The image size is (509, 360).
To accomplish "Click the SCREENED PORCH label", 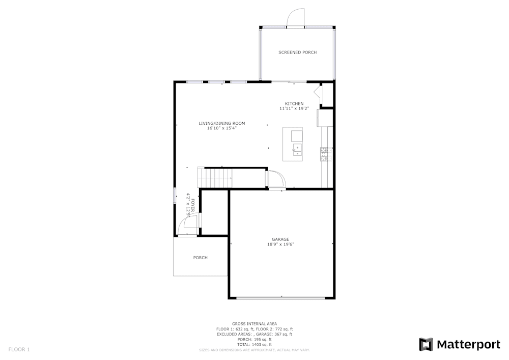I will point(297,52).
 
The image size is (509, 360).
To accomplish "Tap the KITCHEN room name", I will point(294,103).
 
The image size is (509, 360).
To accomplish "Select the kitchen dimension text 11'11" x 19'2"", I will point(294,108).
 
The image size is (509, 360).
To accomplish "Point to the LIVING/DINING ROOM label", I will point(222,123).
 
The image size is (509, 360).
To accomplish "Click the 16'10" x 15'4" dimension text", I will point(222,128).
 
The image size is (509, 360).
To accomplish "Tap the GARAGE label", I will point(280,239).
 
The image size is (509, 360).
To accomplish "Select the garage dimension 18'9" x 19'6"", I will point(280,244).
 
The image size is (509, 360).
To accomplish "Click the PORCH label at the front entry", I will point(200,258).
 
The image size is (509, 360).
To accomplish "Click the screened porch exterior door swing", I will point(295,18).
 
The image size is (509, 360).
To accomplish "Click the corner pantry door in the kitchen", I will point(318,93).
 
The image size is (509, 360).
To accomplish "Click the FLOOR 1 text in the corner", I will point(19,349).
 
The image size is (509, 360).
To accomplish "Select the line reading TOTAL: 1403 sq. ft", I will point(254,345).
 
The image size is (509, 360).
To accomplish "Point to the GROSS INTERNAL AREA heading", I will point(254,324).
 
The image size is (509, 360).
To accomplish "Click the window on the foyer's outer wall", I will point(175,196).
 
